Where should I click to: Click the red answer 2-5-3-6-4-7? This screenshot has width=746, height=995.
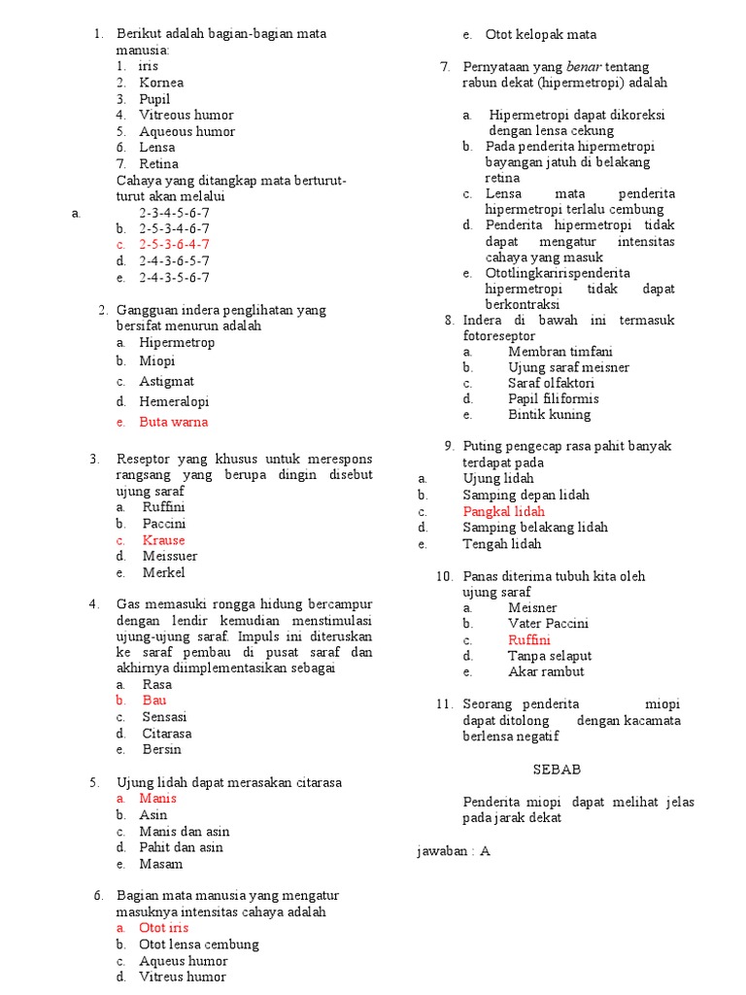[x=174, y=244]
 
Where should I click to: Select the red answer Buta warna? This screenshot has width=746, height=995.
[x=173, y=422]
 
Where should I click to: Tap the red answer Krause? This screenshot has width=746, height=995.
[x=163, y=539]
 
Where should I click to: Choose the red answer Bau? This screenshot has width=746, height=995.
[x=154, y=700]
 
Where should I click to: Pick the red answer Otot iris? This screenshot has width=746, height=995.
[x=163, y=928]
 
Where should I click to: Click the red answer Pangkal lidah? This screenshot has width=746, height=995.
[x=503, y=511]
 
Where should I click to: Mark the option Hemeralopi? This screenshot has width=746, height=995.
[x=174, y=401]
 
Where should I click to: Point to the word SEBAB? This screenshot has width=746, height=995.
[x=557, y=769]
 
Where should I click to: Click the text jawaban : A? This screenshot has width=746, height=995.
[x=454, y=850]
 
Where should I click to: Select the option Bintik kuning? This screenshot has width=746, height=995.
[x=549, y=414]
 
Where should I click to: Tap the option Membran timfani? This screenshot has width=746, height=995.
[x=560, y=351]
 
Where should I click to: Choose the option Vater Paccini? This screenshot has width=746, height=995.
[x=548, y=623]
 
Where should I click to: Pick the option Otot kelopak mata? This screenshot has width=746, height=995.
[x=541, y=34]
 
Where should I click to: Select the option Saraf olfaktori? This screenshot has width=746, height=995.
[x=552, y=383]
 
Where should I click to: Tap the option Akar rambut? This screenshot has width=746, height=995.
[x=546, y=671]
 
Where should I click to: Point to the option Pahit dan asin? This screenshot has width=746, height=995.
[x=181, y=847]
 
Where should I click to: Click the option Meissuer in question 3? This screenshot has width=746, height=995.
[x=170, y=556]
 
